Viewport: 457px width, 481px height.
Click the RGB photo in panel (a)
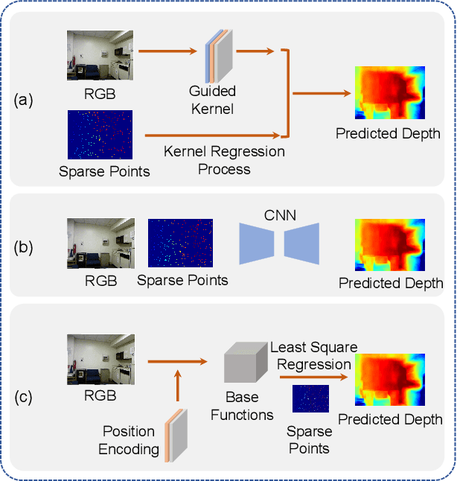[100, 54]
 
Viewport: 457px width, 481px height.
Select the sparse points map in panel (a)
[100, 134]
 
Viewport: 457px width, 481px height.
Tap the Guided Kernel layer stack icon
[219, 54]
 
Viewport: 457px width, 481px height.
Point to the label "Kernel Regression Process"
[224, 160]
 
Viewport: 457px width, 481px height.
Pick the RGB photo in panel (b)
[100, 243]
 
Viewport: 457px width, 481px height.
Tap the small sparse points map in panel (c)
[310, 398]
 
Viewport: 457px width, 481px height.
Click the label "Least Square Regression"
[313, 356]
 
